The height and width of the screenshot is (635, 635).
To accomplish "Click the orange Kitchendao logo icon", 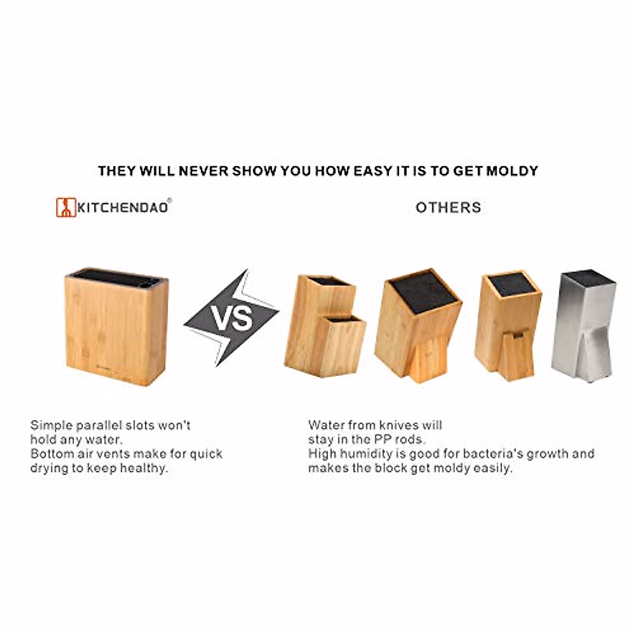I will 66,207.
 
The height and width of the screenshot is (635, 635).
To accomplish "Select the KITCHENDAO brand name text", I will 123,207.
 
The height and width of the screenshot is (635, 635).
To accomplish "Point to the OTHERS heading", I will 448,207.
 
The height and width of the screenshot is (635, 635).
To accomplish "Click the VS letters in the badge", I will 232,317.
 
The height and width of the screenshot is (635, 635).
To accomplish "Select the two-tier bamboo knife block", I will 324,328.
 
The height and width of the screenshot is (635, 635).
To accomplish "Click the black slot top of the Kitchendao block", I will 116,276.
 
